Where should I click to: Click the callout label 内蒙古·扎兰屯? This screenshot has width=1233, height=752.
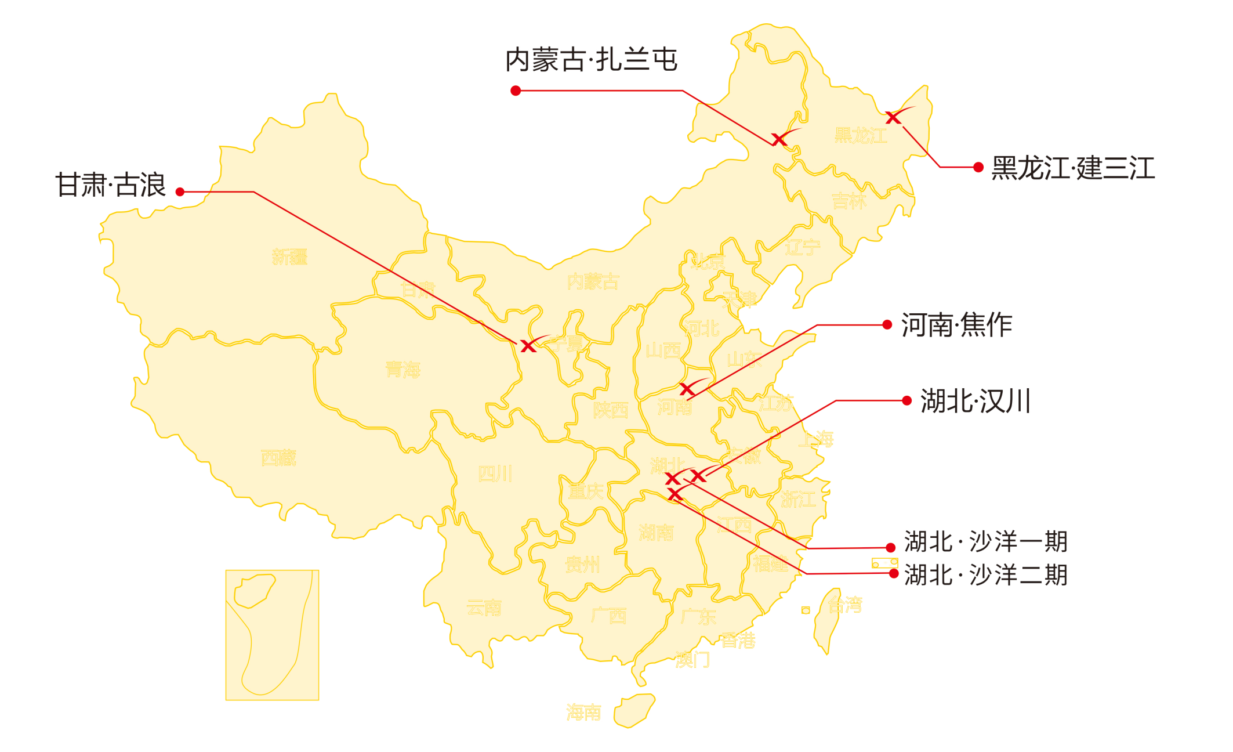coord(591,60)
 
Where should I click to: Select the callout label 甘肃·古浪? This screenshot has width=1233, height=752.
coord(111,185)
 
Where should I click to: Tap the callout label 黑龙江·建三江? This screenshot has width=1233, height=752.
coord(1073,168)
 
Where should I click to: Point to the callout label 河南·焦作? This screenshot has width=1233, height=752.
coord(957,325)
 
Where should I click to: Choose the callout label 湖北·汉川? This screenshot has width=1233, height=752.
coord(975,401)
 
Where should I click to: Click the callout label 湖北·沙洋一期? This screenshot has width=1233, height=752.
coord(986,541)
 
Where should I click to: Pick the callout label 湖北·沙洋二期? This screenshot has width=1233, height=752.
coord(986,575)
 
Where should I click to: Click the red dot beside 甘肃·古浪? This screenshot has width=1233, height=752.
coord(180,191)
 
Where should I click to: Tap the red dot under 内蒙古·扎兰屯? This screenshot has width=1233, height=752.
coord(516,91)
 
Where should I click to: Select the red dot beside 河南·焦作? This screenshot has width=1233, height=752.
coord(887,325)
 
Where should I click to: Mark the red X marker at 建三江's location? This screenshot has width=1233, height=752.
coord(894,118)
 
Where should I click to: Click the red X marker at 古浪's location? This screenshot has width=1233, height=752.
coord(528,346)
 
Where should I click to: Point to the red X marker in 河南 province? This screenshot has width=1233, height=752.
coord(687,389)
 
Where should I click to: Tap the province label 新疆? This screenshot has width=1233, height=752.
coord(289,256)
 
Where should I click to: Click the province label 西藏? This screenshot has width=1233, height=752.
coord(278,458)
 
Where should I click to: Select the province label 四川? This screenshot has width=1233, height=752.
coord(495,474)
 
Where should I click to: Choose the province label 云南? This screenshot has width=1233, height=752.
coord(484,608)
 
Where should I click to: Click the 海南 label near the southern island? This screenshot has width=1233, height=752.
coord(583,712)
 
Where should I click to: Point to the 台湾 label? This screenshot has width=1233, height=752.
coord(845,605)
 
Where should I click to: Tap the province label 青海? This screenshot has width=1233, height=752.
coord(402,369)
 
